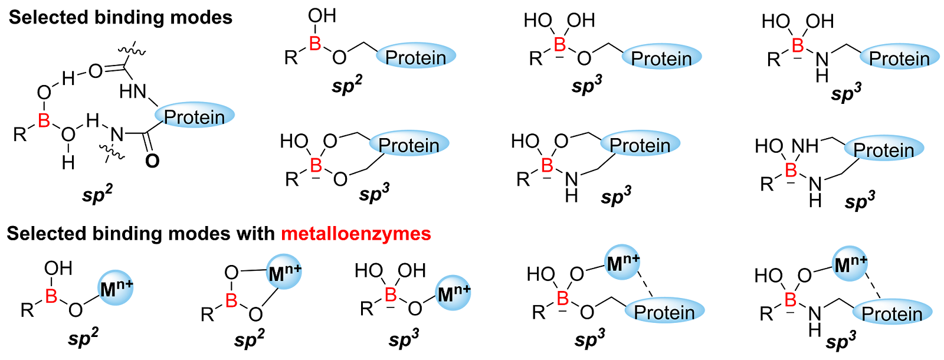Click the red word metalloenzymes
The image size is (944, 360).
point(356,234)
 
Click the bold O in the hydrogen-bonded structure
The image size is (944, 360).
point(152,161)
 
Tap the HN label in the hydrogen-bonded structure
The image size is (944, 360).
point(132,91)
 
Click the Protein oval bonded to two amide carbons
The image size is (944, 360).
point(195,116)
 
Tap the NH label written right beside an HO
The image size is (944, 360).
point(805,146)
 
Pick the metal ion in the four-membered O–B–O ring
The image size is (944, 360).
point(284,273)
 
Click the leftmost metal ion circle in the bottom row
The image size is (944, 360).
point(116,289)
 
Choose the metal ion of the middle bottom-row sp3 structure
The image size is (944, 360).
point(454,292)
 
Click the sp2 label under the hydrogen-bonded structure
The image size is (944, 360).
point(98,194)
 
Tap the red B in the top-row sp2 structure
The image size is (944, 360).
point(315,42)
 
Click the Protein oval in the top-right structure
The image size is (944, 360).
point(899,58)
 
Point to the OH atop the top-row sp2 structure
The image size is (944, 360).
point(322,16)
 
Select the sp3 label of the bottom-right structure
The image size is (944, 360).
point(841,342)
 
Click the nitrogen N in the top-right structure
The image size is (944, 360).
point(822,59)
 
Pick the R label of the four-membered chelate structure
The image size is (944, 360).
point(207,315)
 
